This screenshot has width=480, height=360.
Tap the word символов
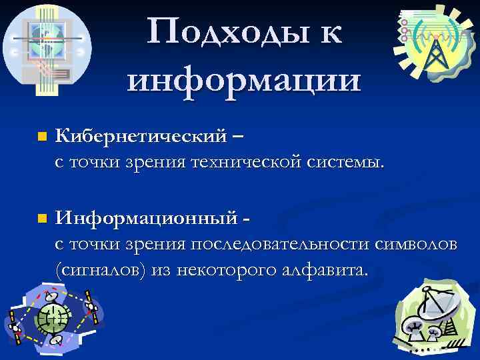(416, 245)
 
